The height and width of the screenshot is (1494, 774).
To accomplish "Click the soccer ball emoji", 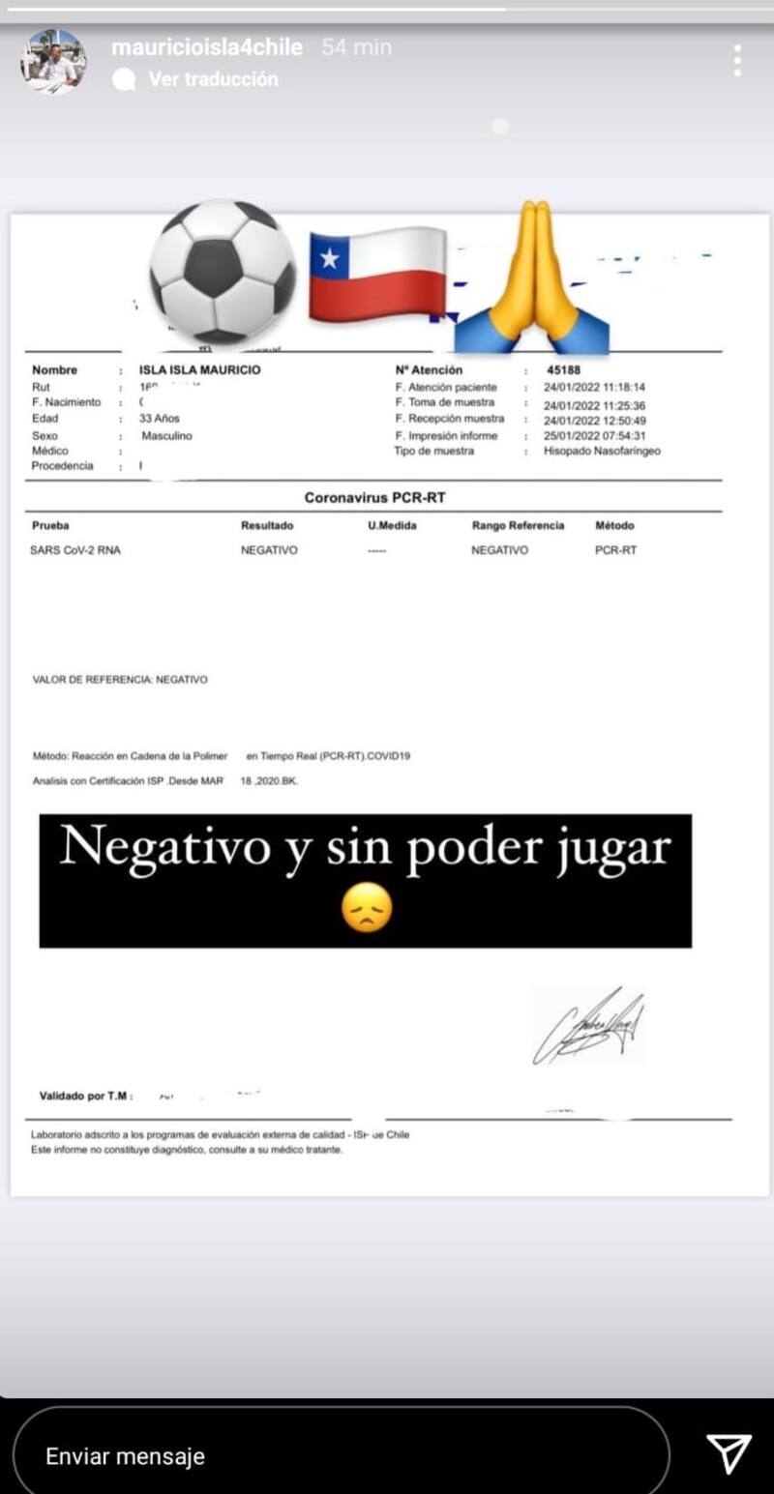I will pos(222,271).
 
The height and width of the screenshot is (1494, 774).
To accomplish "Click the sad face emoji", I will pos(368,910).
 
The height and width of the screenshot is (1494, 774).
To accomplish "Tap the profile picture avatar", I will pos(53,62).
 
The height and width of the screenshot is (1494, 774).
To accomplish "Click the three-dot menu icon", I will pos(737,60).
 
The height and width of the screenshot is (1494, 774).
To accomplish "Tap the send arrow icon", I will pos(729,1453).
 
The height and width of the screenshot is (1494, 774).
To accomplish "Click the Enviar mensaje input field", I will pos(339,1455).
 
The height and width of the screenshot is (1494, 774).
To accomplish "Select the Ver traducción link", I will pos(213,79).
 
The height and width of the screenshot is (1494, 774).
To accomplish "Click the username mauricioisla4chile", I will pos(207,46).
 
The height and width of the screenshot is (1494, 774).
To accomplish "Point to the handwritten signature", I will pos(589,1026).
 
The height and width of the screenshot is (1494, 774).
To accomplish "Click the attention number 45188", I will pos(563,369).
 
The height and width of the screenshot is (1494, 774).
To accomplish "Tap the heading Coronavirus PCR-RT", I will pos(374,498).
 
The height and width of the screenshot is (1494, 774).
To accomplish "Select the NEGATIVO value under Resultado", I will pos(269,550).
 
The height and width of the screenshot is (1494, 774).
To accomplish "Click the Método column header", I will pos(614,526).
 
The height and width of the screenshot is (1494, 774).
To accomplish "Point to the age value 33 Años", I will pos(160,419).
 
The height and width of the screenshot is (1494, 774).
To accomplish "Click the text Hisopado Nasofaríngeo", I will pos(602,451).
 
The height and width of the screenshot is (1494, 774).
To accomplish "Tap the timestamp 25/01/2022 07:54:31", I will pos(594,436).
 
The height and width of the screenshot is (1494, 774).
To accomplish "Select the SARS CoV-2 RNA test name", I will pos(76,550).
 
